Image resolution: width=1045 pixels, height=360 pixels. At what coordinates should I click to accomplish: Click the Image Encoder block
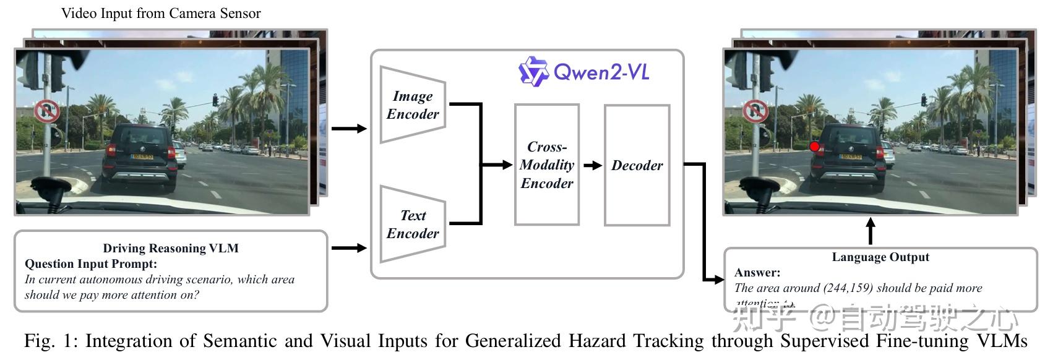click(x=413, y=105)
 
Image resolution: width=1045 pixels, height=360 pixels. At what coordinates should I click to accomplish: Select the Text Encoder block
click(x=413, y=224)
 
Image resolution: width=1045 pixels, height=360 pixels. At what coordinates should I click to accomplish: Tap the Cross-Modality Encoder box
click(x=546, y=165)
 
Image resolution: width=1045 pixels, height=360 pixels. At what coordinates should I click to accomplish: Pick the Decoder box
click(x=637, y=165)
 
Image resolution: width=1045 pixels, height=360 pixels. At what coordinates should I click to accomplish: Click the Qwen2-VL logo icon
click(x=533, y=72)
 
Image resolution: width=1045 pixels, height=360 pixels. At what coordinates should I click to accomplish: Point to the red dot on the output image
click(x=815, y=147)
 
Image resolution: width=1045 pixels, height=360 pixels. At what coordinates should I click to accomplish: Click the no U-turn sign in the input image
click(x=46, y=112)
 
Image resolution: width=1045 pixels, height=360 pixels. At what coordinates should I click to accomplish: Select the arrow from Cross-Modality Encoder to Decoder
click(x=592, y=165)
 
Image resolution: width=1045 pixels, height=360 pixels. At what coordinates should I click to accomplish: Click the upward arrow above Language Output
click(x=871, y=231)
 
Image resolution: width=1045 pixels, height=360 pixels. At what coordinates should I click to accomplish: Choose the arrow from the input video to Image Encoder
click(x=348, y=129)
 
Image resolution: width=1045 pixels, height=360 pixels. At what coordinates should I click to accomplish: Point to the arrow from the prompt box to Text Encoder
click(x=348, y=248)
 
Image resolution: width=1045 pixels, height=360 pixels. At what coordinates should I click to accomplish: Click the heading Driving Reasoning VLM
click(x=171, y=248)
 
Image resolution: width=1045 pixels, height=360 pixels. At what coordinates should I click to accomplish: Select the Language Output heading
click(x=880, y=257)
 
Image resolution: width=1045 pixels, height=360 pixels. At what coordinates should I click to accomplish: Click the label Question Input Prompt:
click(x=91, y=264)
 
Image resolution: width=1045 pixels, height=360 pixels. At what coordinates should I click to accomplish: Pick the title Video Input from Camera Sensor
click(x=161, y=13)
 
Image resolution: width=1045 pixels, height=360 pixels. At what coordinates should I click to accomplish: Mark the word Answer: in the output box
click(x=757, y=272)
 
